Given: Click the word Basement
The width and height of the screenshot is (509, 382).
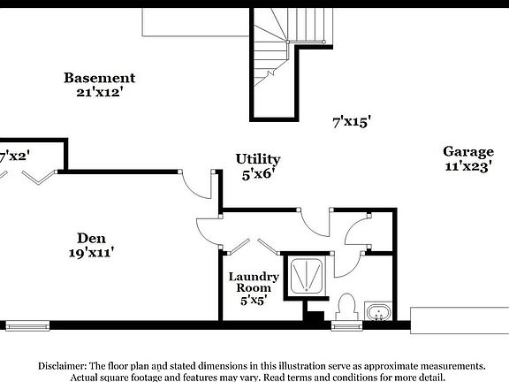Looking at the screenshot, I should pyautogui.click(x=99, y=78).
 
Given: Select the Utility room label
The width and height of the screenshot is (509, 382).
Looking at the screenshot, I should pyautogui.click(x=258, y=159).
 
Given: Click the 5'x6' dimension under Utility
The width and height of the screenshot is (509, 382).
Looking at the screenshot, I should pyautogui.click(x=258, y=175).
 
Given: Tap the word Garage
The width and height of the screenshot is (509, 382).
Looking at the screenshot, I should pyautogui.click(x=468, y=151).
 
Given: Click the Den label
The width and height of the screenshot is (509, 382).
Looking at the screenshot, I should pyautogui.click(x=92, y=237).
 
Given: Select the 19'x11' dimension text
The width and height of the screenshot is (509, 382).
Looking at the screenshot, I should pyautogui.click(x=91, y=253).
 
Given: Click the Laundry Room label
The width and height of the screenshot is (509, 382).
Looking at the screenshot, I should pyautogui.click(x=254, y=282).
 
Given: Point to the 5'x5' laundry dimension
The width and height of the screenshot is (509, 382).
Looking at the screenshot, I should pyautogui.click(x=254, y=301).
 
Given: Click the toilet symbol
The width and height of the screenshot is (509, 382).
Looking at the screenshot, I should pyautogui.click(x=346, y=306).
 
